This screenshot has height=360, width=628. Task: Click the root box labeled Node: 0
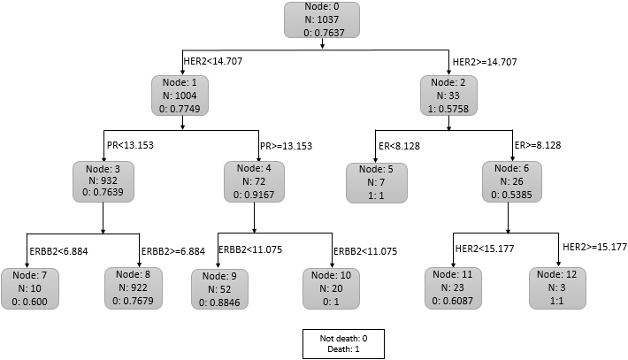322,20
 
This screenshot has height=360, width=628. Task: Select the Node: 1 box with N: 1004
180,96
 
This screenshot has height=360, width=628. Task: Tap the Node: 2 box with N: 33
448,96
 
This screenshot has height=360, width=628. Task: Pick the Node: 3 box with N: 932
103,181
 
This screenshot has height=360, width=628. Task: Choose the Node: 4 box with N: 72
254,181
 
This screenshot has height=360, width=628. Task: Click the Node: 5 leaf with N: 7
377,182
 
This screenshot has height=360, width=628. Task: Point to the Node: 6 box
512,181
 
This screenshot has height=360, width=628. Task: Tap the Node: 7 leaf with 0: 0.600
30,288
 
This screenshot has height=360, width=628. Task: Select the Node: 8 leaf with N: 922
134,288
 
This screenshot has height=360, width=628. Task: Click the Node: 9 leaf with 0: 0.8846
219,289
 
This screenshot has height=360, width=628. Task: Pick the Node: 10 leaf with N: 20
331,289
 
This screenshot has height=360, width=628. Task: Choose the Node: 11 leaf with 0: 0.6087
453,288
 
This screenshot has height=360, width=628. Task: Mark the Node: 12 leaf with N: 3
557,288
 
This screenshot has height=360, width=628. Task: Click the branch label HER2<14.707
213,61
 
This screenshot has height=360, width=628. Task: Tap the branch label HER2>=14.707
485,62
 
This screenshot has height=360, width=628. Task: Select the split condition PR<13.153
130,145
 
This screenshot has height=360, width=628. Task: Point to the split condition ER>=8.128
538,145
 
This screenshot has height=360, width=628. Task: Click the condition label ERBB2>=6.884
173,251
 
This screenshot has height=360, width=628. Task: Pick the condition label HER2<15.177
485,249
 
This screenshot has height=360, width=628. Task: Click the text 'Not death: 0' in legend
343,339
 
